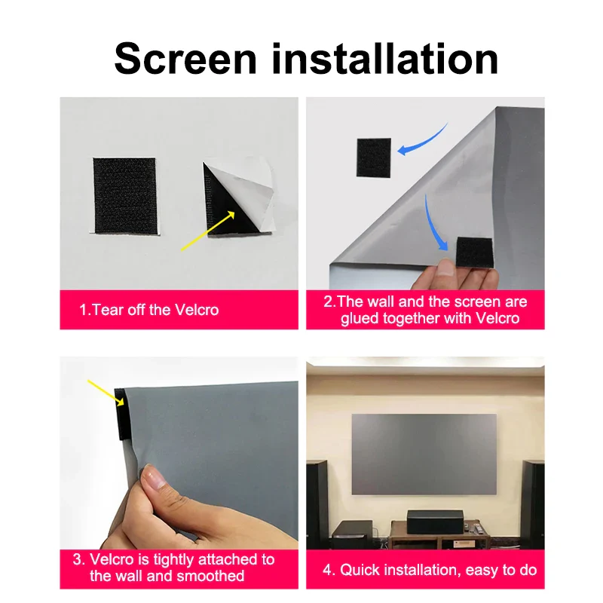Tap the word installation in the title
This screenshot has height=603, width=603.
[x=385, y=59]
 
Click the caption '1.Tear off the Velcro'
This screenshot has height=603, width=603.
[x=149, y=310]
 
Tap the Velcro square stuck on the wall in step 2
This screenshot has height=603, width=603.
[x=375, y=157]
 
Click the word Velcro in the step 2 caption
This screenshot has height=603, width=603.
[x=497, y=318]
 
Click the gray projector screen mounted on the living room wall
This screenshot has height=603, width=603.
[x=424, y=453]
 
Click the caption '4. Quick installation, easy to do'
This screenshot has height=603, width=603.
[x=430, y=569]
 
